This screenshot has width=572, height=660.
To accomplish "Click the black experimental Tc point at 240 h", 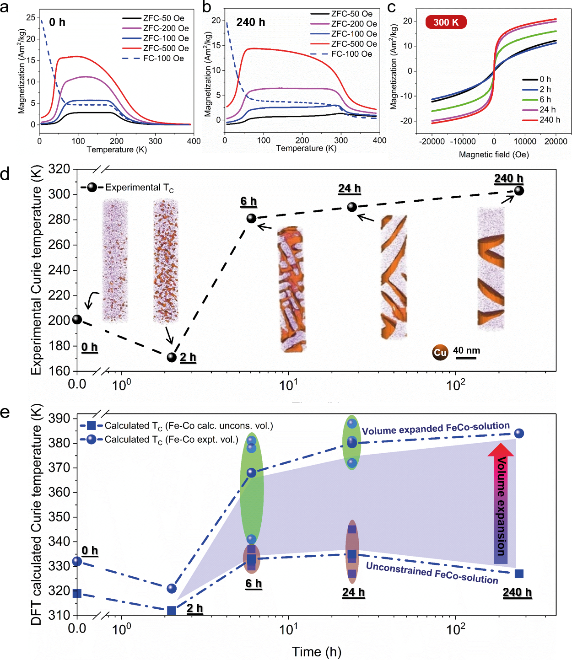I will pos(518,190).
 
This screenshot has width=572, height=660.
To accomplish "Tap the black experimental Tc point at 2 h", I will pos(172,357).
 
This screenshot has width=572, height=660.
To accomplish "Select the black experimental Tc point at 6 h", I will pos(251,218).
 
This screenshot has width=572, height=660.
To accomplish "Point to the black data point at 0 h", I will pos(77,319).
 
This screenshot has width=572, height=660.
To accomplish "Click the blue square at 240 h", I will pos(519,574).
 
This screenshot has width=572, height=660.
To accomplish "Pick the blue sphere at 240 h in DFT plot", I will pos(519,433).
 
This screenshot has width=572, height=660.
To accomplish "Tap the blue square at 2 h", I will pos(172,611).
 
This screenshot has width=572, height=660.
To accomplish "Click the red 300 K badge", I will pos(446,22).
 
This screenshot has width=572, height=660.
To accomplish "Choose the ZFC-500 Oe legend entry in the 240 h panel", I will pos(344,44).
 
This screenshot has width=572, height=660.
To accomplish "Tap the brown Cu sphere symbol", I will pos(440,352).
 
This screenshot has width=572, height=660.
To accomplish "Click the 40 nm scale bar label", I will pos(466,350).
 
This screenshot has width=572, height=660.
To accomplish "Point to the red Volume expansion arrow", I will pos(501,503).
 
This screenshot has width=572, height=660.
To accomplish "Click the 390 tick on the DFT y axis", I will pos(59,418).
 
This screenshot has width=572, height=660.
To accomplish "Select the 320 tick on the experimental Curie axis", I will pos(59,169).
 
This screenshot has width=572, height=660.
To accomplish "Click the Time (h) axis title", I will pos(317,651).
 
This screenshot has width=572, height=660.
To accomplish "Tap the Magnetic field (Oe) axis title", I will pos(494,154).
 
